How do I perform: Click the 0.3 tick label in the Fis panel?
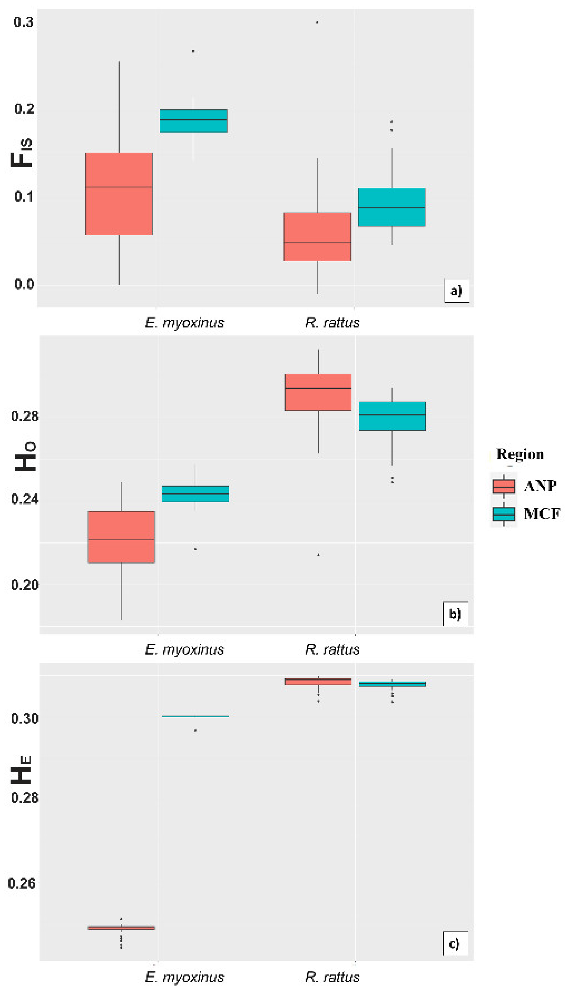tap(23, 22)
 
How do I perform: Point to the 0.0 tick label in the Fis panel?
tap(24, 284)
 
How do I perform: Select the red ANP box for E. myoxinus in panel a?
tap(119, 194)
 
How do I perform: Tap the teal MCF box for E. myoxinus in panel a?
tap(193, 121)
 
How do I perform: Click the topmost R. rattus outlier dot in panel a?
tap(317, 22)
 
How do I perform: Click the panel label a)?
tap(456, 290)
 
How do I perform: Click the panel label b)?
tap(455, 614)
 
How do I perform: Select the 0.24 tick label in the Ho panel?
tap(24, 499)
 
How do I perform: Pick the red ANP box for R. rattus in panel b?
tap(318, 392)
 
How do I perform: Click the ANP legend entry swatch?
tap(503, 486)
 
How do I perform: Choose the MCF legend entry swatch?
tap(503, 514)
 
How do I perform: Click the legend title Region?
tap(520, 454)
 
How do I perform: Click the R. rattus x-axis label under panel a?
tap(332, 323)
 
